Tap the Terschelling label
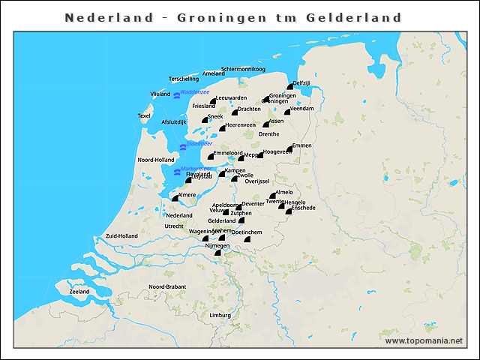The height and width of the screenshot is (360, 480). [184, 79]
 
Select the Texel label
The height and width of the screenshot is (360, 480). [144, 115]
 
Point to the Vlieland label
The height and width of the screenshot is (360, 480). [160, 94]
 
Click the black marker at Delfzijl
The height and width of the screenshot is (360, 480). [289, 88]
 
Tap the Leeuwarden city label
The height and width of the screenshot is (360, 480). [230, 98]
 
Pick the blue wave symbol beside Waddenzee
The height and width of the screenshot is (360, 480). [176, 95]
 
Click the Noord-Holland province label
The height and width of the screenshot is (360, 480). [156, 160]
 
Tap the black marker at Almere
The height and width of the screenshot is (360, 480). [174, 199]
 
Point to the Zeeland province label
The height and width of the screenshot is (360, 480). [79, 291]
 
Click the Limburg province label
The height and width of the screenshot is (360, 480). [220, 315]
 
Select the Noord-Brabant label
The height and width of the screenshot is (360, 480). [166, 286]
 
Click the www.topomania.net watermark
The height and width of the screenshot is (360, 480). [424, 340]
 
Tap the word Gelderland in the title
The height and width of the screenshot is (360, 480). [354, 17]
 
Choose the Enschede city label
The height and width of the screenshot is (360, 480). [303, 208]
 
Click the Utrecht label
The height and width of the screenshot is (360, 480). [175, 226]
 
